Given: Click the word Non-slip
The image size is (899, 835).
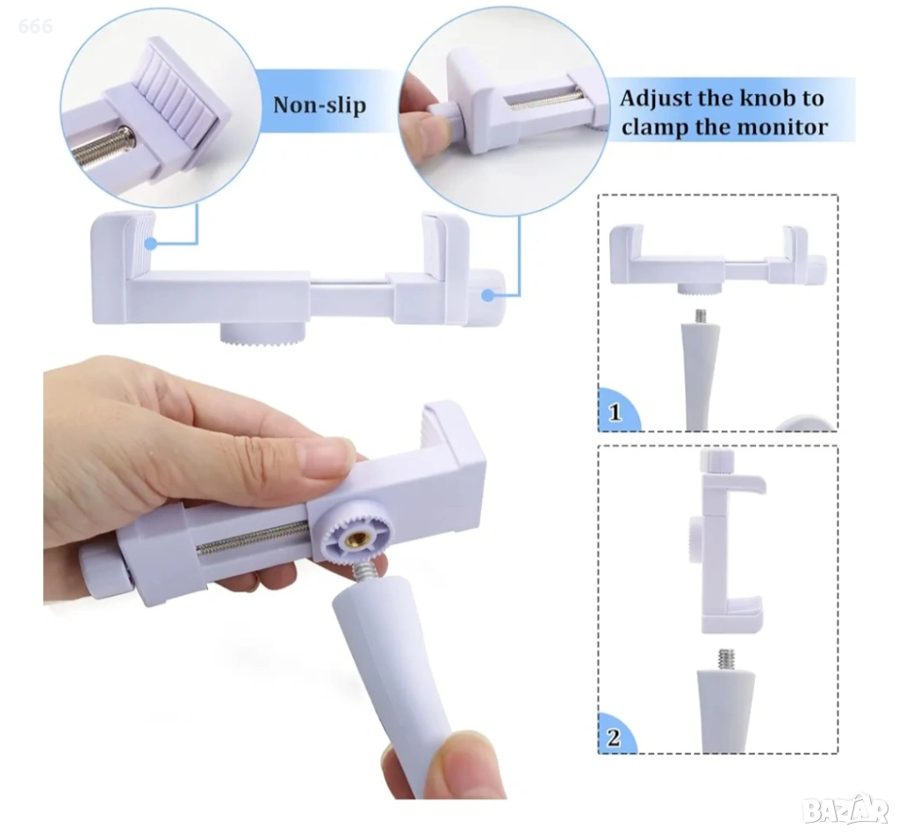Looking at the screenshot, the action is [x=320, y=105].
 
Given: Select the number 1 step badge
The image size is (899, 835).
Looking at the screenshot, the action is [x=615, y=412].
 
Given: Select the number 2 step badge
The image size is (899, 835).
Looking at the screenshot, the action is [x=614, y=737].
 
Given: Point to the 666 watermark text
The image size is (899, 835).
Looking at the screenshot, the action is [x=35, y=25].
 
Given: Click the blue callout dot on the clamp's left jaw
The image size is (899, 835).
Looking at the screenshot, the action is [x=151, y=244].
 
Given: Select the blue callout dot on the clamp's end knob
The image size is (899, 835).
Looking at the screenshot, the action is [x=488, y=296].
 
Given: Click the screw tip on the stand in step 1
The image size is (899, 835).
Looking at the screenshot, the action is [x=700, y=315].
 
